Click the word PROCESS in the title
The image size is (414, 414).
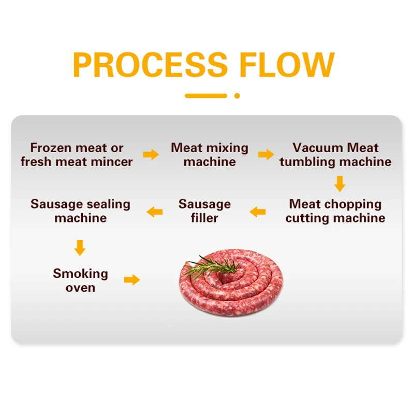tap(150, 65)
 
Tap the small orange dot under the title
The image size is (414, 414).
tap(237, 95)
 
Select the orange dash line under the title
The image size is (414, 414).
tap(205, 95)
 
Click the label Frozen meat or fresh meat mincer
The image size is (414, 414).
tap(77, 155)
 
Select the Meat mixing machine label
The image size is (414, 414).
tap(210, 155)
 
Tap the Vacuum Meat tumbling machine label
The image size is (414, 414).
tap(335, 155)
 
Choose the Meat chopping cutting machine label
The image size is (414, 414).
tap(335, 211)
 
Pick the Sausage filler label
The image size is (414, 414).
tap(204, 211)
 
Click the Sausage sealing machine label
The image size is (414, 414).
tap(80, 211)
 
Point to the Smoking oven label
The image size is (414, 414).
tap(80, 280)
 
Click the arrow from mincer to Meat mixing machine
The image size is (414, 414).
tap(151, 154)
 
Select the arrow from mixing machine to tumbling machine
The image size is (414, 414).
tap(266, 154)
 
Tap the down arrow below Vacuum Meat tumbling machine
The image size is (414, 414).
tap(339, 184)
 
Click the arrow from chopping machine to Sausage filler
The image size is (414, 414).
tap(257, 211)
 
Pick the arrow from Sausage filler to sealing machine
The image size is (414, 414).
tap(154, 211)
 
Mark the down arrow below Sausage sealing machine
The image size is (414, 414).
tap(79, 247)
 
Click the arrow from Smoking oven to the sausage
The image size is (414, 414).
tap(132, 280)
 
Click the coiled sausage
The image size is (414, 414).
tap(233, 290)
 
